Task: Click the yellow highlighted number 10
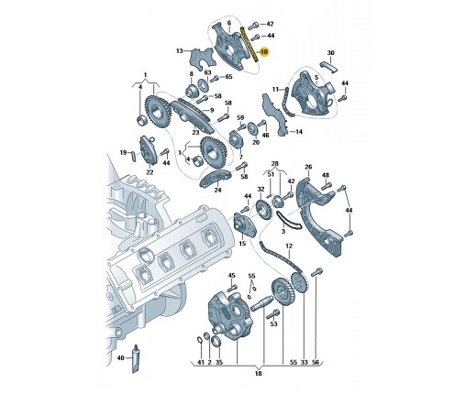(264, 52)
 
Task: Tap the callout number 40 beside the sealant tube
(121, 357)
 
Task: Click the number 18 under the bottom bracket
(259, 373)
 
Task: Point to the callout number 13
(180, 50)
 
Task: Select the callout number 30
(330, 53)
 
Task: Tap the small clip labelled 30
(329, 68)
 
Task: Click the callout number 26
(308, 167)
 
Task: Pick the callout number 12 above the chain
(289, 246)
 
